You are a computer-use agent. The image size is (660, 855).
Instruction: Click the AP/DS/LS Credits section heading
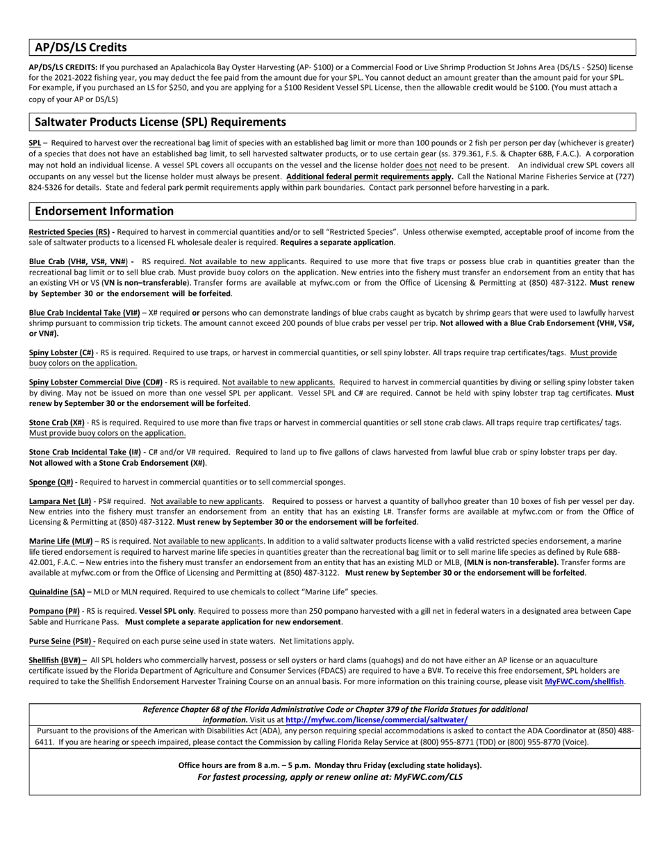pos(81,48)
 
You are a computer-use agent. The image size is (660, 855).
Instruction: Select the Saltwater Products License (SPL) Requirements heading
pos(160,122)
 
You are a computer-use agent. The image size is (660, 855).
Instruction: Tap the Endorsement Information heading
pos(104,211)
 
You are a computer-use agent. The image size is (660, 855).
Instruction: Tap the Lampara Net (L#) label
pos(60,501)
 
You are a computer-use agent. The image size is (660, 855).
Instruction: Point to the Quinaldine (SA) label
pos(56,592)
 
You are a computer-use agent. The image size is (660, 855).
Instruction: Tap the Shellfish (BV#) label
pos(56,660)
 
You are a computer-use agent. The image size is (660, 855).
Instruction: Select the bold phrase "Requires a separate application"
pos(337,243)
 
